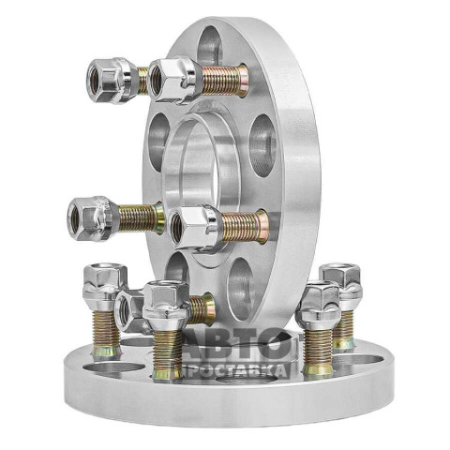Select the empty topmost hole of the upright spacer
pos(209,47)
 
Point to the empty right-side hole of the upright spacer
pos(263,145)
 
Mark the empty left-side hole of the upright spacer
pos(158,141)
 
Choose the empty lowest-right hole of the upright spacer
pos(241,289)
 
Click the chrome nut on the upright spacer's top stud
pos(174,80)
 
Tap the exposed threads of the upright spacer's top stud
pos(224,81)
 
